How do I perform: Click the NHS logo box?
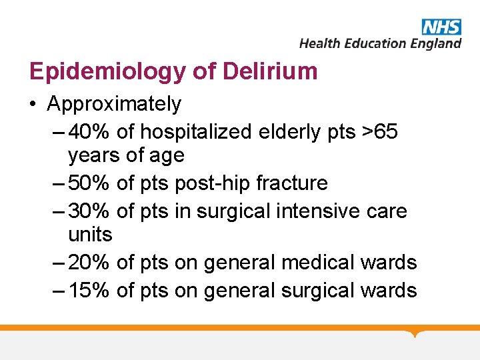(441, 27)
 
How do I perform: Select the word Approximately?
(114, 104)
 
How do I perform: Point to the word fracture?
(292, 183)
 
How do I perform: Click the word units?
(90, 235)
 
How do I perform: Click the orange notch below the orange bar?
(416, 333)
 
